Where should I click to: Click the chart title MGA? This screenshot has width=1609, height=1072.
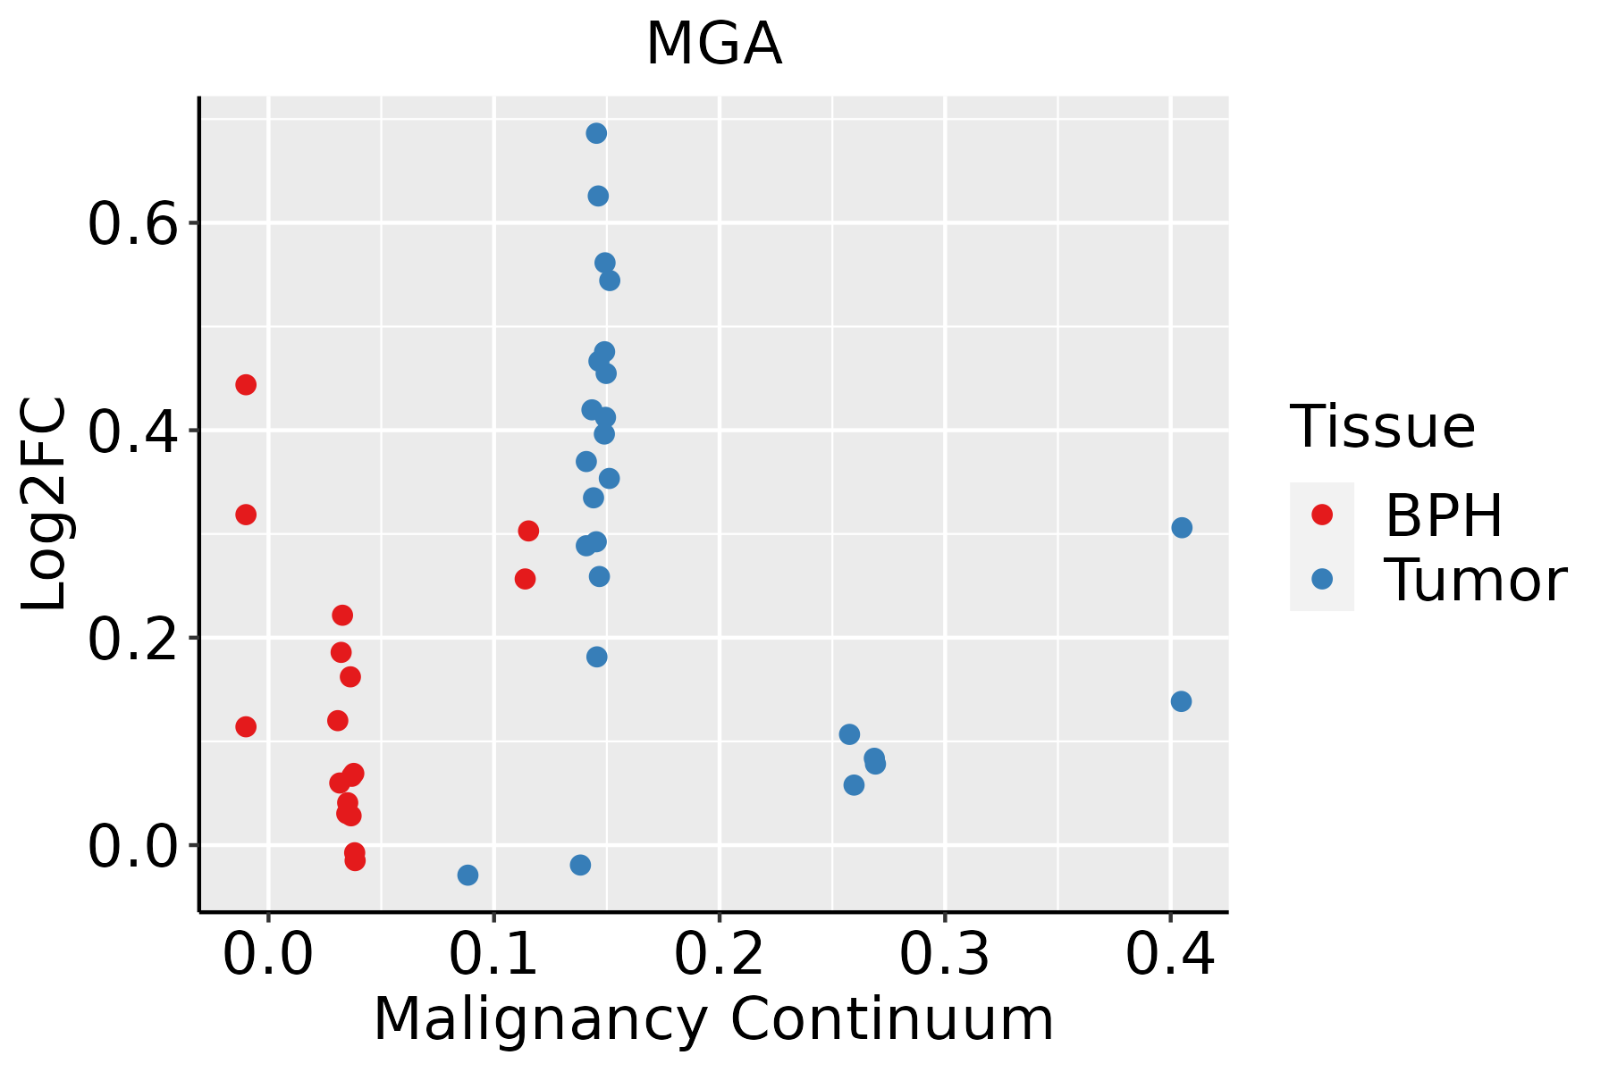pyautogui.click(x=713, y=45)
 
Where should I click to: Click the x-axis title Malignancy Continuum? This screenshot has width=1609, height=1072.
pyautogui.click(x=713, y=1019)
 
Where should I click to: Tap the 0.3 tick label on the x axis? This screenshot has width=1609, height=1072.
pyautogui.click(x=944, y=954)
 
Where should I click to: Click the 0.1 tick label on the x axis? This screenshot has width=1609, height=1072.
pyautogui.click(x=493, y=954)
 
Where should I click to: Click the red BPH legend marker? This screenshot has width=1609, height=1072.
pyautogui.click(x=1321, y=515)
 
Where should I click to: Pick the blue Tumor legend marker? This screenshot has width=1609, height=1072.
pyautogui.click(x=1321, y=579)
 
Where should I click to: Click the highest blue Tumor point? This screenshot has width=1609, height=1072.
pyautogui.click(x=596, y=133)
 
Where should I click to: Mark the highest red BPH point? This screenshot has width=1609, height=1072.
pyautogui.click(x=246, y=385)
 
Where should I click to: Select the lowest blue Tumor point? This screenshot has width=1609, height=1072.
pyautogui.click(x=468, y=875)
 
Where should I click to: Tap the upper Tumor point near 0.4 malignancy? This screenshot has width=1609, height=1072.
pyautogui.click(x=1182, y=528)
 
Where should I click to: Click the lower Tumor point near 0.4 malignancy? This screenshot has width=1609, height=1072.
pyautogui.click(x=1181, y=701)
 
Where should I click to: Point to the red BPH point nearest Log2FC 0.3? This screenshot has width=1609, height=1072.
pyautogui.click(x=528, y=532)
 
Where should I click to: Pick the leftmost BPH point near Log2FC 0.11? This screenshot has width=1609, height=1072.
pyautogui.click(x=246, y=726)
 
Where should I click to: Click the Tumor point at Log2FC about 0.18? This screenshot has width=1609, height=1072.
pyautogui.click(x=596, y=657)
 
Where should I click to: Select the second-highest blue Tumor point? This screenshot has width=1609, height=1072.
pyautogui.click(x=598, y=196)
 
